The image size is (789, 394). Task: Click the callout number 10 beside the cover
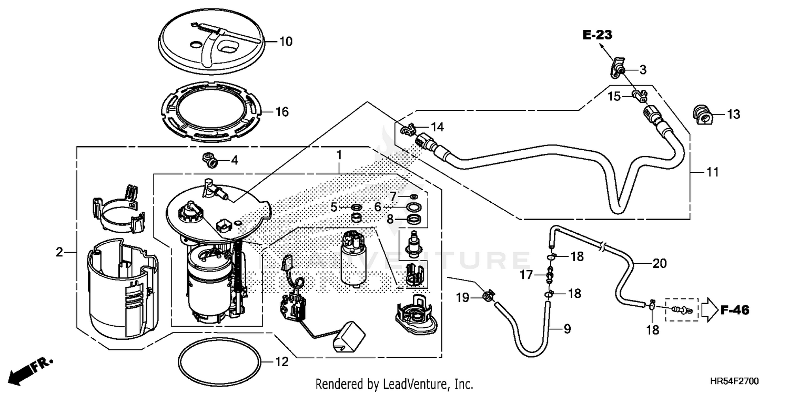click(x=285, y=42)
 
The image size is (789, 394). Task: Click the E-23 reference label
click(x=598, y=35)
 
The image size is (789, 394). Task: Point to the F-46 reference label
click(x=734, y=310)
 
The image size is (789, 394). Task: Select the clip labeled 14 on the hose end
click(x=408, y=129)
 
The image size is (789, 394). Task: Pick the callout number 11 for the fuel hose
click(x=712, y=172)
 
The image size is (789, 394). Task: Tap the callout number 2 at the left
click(x=59, y=253)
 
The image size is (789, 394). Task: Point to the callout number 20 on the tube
click(x=659, y=264)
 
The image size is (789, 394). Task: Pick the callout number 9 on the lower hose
click(x=567, y=329)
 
